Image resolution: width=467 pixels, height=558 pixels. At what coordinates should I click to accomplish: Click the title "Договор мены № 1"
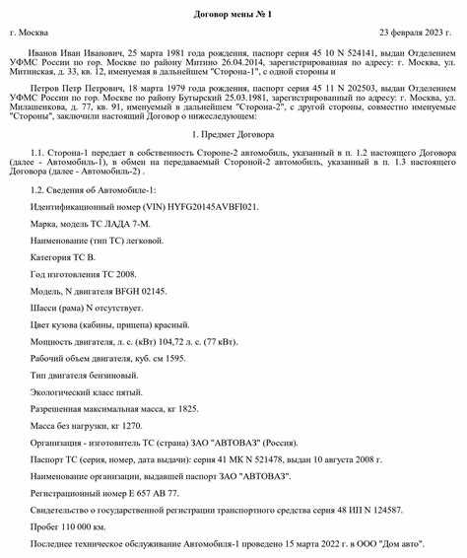[x=233, y=11]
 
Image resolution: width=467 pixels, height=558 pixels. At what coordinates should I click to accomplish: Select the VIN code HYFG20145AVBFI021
[x=205, y=209]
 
